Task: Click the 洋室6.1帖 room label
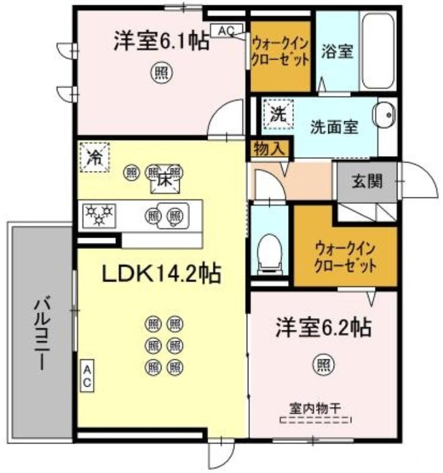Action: [161, 41]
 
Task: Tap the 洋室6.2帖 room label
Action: [323, 328]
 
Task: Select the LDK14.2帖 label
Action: [161, 274]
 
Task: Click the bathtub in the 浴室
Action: [378, 51]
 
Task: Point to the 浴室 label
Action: [337, 51]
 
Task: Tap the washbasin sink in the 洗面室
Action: [384, 115]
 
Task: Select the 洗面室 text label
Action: [334, 127]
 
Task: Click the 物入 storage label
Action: [269, 149]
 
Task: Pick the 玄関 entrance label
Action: [367, 182]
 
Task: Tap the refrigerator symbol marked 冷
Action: [95, 157]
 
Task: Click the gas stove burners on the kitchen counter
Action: [99, 215]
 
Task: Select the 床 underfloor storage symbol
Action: [165, 182]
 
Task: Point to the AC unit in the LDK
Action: [87, 375]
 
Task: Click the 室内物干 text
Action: [315, 409]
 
